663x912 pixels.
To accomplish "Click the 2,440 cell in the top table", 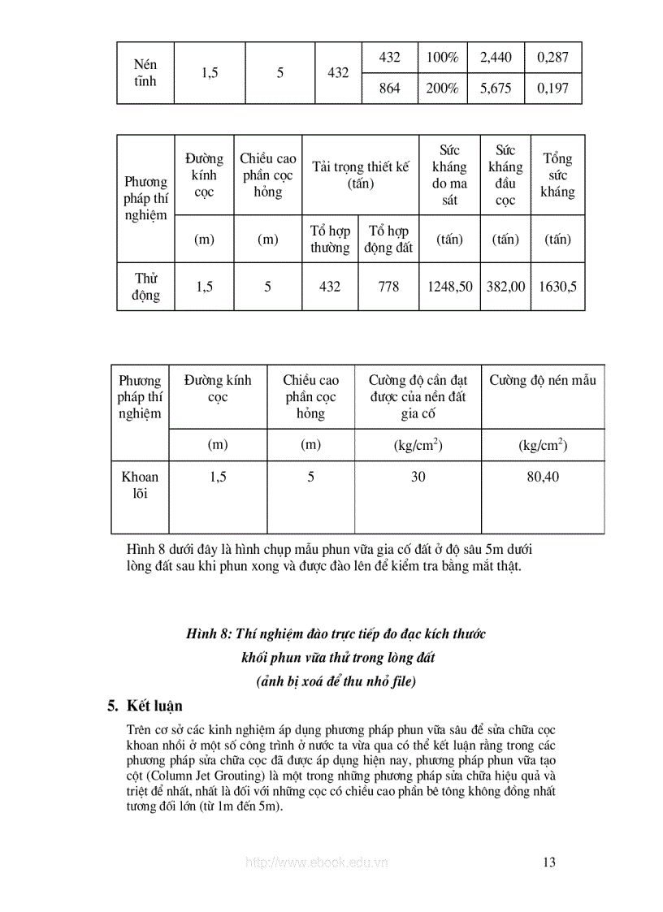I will tap(496, 58).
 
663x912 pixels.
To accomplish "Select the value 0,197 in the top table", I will tap(553, 89).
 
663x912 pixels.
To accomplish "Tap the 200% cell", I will tap(443, 89).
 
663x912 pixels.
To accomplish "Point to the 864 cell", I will tap(390, 89).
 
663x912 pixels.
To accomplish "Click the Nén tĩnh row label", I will tap(145, 72).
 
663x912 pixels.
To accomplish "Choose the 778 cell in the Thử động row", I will tap(388, 287).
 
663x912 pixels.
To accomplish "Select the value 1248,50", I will tap(450, 287).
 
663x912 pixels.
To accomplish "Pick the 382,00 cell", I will tap(505, 287).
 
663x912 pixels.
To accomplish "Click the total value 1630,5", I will tap(557, 287).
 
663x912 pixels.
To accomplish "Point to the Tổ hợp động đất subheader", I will tap(388, 240).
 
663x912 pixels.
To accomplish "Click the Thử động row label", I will tap(146, 287).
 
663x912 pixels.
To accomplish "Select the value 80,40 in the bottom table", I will tap(543, 477).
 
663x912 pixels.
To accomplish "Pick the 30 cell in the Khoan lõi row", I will tap(418, 477).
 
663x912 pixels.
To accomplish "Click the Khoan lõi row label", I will tap(140, 485).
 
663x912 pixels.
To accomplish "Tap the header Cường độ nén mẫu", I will tap(543, 380).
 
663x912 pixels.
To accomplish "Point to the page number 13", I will tap(548, 862).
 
